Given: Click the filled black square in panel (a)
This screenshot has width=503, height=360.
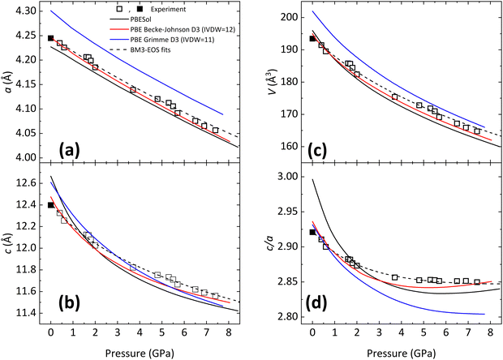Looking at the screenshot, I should pyautogui.click(x=50, y=38).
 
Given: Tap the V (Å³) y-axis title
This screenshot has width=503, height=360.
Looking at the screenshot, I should pyautogui.click(x=271, y=85).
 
